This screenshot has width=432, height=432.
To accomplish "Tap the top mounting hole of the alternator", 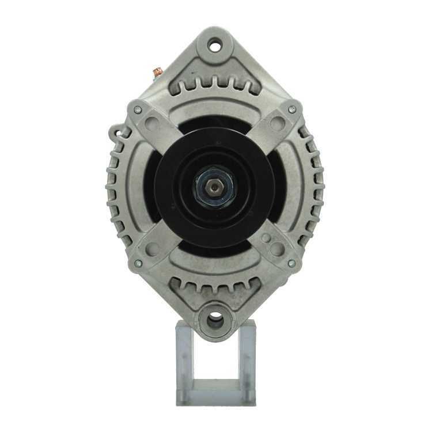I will point(215,44).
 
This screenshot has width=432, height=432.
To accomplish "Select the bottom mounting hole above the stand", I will point(215,317).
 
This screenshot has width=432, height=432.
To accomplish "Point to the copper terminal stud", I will point(156,73).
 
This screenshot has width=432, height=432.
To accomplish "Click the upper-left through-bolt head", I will point(138,109).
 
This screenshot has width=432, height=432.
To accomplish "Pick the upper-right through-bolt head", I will point(292,109).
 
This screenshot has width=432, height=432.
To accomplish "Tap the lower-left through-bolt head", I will point(138,263).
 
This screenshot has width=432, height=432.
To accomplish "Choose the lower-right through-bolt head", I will point(292,263).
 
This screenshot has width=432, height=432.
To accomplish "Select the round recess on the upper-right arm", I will point(278,123).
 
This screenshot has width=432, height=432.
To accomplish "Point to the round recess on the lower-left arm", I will point(153,249).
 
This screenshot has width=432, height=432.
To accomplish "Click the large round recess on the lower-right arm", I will point(278,249).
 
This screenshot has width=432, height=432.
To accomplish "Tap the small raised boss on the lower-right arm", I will point(266,237).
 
